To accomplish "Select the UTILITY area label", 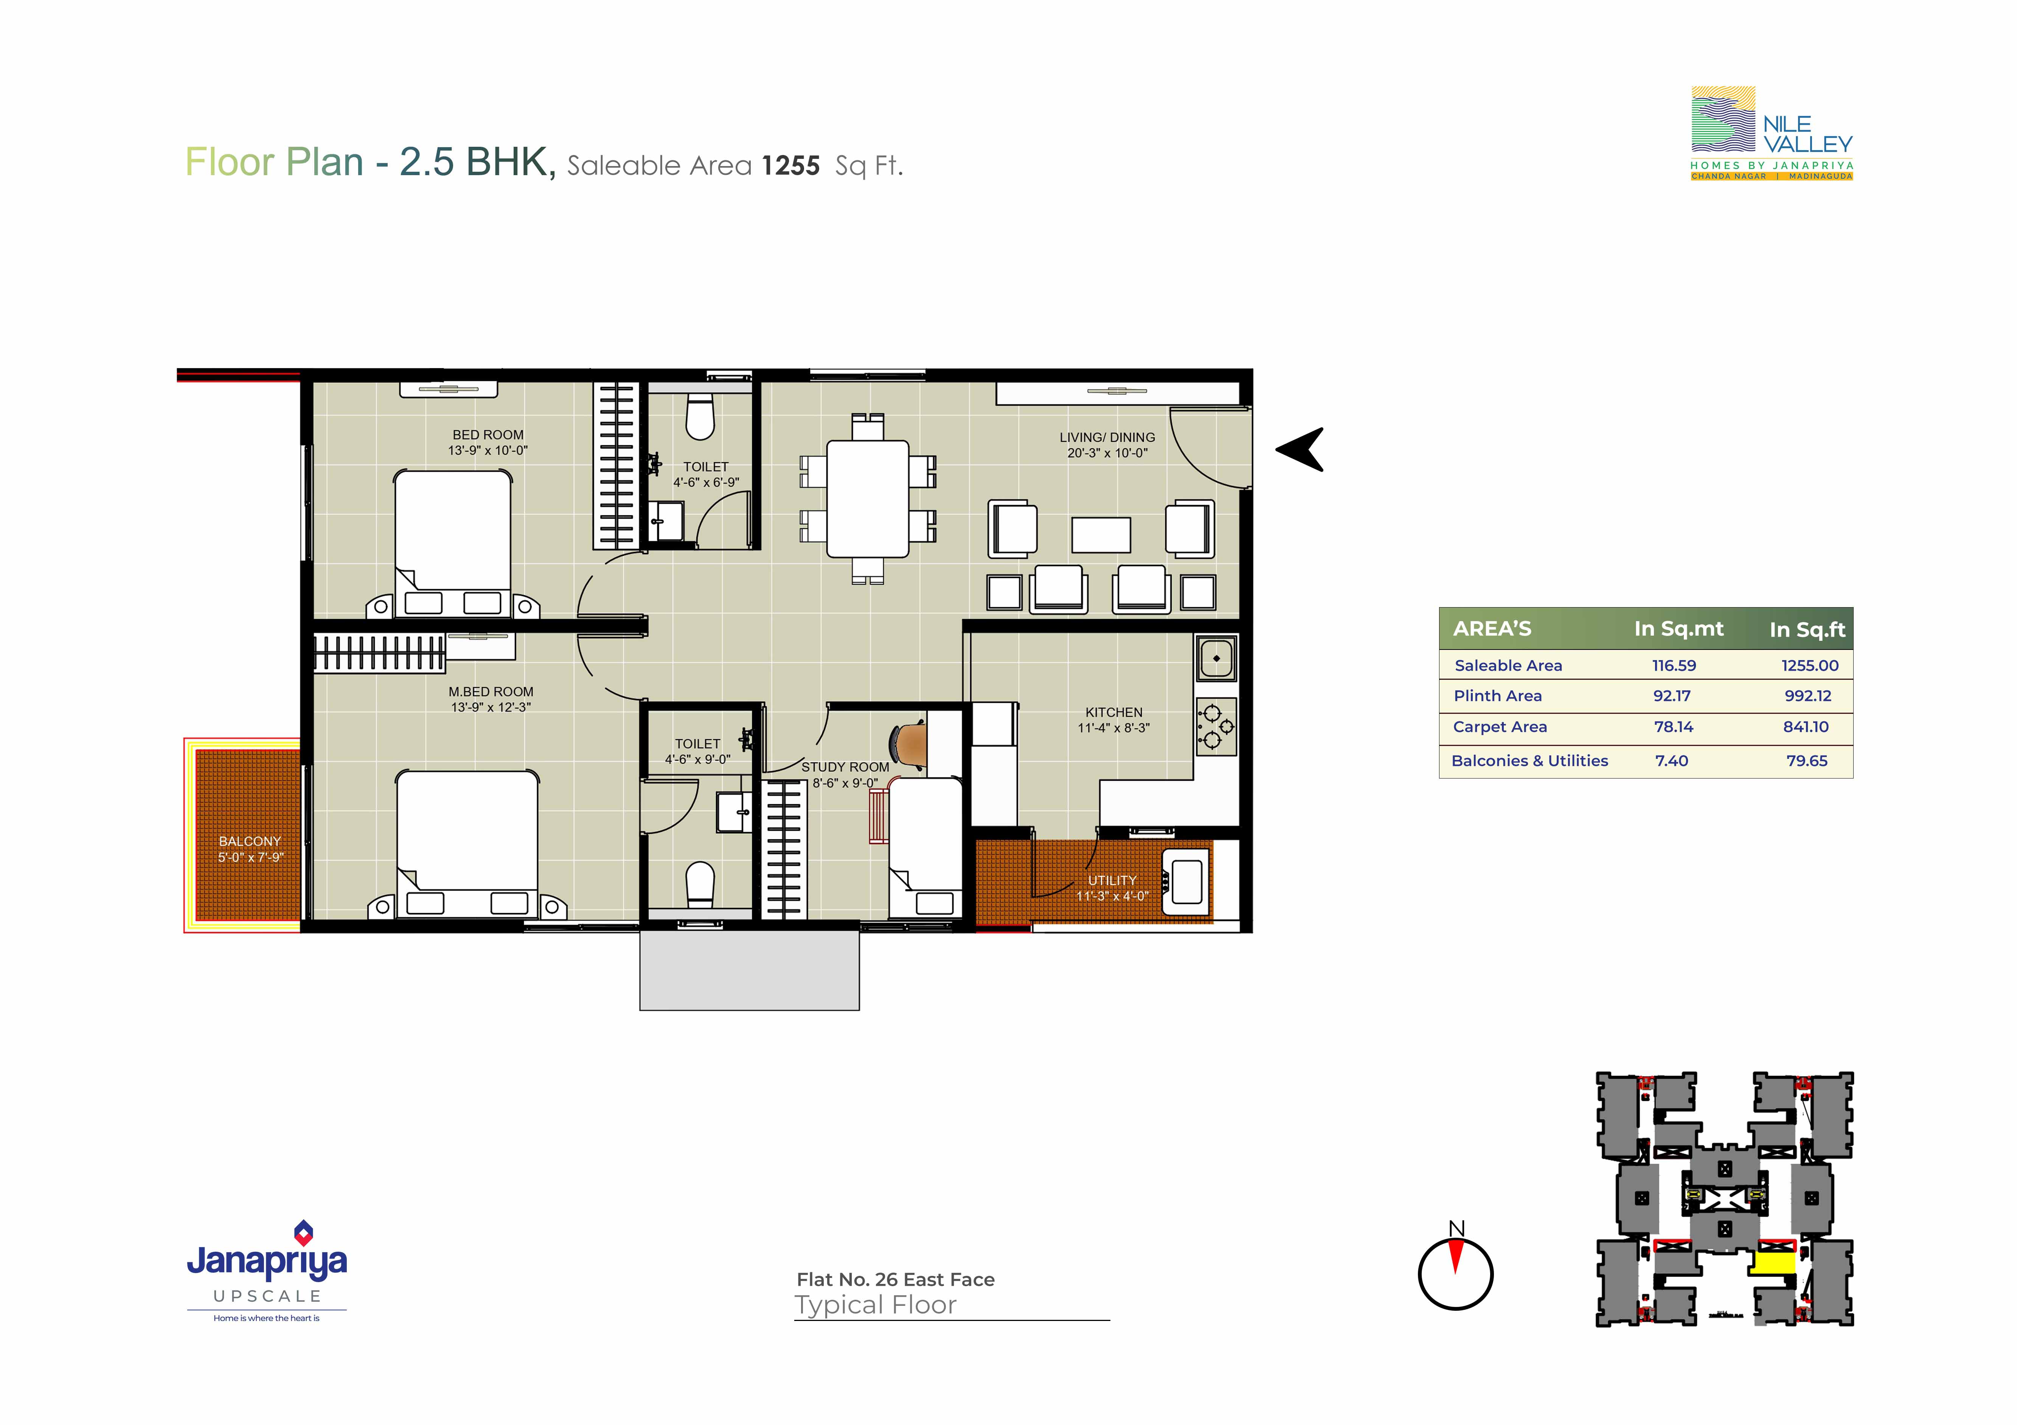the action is (x=1112, y=880).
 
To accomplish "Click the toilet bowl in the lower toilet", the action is (x=700, y=884).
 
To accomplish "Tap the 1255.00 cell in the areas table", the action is (x=1810, y=665).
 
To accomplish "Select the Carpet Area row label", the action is (x=1500, y=727).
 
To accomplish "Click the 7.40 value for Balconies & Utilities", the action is (x=1672, y=761).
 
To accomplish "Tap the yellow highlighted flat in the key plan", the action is (x=1773, y=1263).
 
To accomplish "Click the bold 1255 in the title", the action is (x=790, y=165).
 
